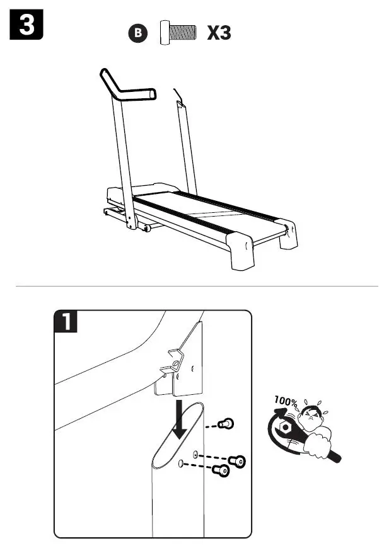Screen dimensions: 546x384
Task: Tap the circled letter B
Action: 141,33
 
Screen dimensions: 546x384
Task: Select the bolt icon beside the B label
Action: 178,33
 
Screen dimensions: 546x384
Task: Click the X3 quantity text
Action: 219,33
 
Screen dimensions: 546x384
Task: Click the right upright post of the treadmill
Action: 187,148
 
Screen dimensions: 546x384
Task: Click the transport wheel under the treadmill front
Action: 147,228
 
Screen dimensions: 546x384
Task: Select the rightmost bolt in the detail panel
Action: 238,462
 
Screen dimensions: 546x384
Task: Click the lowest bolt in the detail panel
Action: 221,470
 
